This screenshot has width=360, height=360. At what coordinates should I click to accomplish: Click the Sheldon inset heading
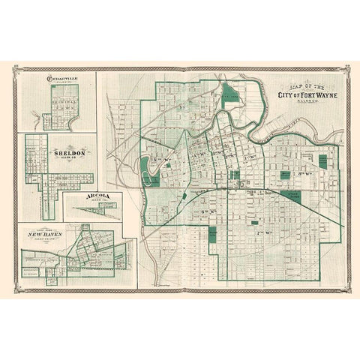61,148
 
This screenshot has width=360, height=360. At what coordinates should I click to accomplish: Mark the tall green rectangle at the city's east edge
322,161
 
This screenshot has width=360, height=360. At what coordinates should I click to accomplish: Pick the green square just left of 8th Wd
285,175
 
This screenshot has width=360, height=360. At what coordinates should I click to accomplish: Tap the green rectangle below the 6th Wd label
213,233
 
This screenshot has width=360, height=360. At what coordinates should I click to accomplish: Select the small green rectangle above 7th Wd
253,223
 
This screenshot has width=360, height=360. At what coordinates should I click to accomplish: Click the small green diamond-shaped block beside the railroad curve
184,196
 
